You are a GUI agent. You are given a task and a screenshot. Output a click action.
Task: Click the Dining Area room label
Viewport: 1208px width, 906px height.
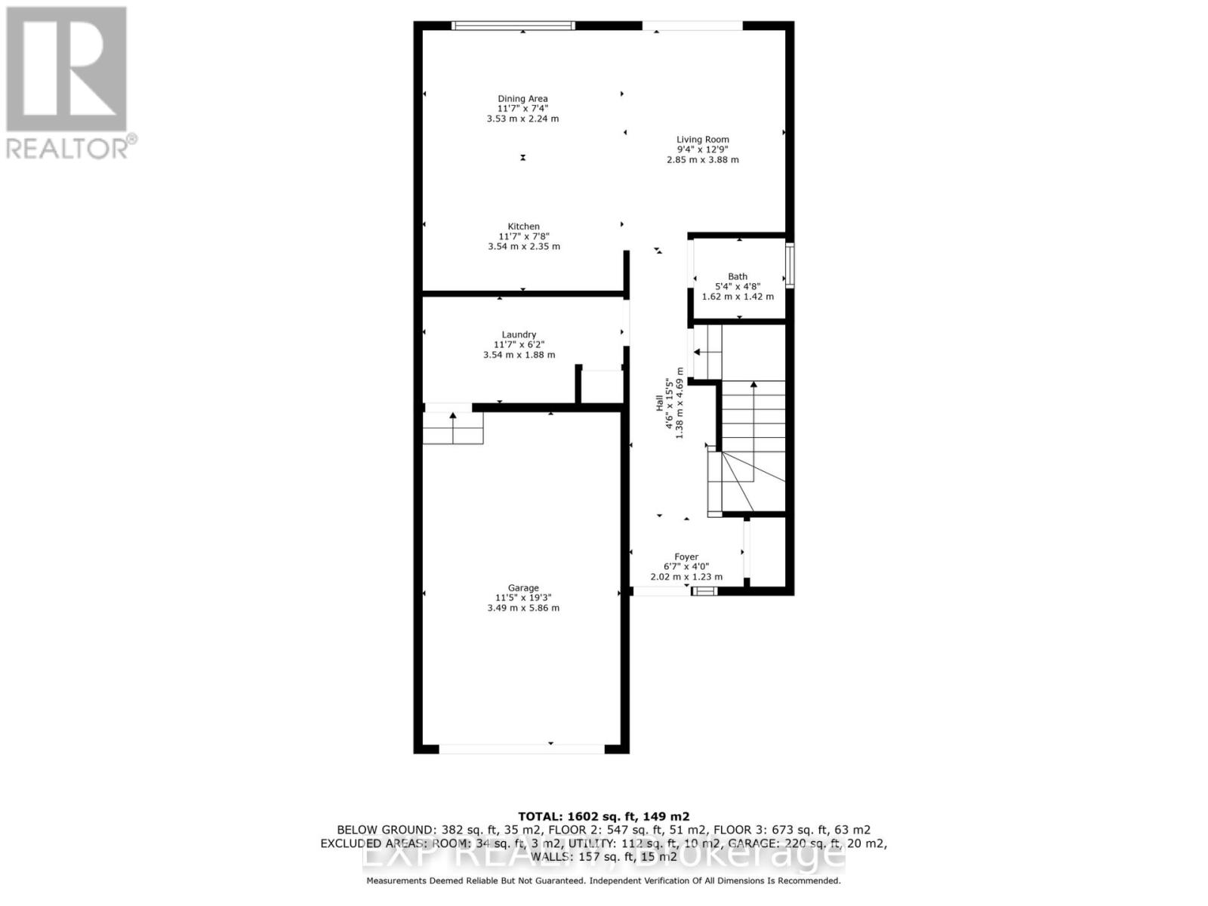522,99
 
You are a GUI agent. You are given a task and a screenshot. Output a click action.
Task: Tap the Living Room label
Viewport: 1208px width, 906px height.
702,140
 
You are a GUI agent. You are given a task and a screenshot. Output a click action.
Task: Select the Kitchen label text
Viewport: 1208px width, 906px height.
523,226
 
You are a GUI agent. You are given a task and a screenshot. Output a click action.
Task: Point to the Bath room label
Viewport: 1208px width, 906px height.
738,277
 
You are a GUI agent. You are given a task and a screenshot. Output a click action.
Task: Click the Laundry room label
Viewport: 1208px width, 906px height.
519,335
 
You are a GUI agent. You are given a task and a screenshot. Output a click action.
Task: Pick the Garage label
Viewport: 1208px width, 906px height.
523,588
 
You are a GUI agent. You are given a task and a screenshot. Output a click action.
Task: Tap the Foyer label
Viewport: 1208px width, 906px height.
686,557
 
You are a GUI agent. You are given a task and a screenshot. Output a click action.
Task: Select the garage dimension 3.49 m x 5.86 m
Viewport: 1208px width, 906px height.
523,608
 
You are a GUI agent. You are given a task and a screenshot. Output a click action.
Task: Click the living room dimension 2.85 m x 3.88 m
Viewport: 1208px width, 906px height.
702,160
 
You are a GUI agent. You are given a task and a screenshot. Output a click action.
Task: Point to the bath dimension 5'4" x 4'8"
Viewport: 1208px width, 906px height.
738,287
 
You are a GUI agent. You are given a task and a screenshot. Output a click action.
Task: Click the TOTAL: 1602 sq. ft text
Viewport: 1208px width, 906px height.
603,816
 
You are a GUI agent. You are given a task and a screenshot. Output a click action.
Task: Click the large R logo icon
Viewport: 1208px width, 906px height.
66,69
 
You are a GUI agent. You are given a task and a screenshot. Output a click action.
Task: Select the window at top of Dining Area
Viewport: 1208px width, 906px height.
513,26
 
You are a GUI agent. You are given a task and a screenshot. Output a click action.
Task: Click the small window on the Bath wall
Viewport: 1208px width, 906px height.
790,264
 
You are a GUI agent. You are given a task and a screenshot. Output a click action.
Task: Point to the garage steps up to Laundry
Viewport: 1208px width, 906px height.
452,428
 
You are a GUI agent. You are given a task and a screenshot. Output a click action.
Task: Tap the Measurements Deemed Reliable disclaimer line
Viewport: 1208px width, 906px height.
603,880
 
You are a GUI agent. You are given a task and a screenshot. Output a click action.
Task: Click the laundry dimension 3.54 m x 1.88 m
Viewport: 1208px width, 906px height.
519,355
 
